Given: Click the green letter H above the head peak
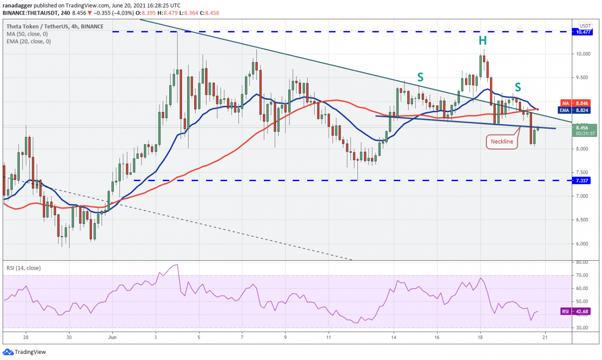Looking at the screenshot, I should pos(483,41).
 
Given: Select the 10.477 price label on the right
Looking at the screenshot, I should pos(585,32).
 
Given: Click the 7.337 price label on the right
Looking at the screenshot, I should pos(585,180).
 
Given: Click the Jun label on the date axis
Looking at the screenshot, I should pos(112,337).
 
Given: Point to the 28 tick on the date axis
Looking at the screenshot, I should pos(26,337).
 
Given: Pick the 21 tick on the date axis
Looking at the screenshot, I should pos(545,337).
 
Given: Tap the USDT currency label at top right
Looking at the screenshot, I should pos(585,26).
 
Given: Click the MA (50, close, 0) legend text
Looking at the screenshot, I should pos(27,34).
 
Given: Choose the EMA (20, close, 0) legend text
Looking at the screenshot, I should pos(28,41).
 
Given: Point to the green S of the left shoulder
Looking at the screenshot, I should pos(420,76).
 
